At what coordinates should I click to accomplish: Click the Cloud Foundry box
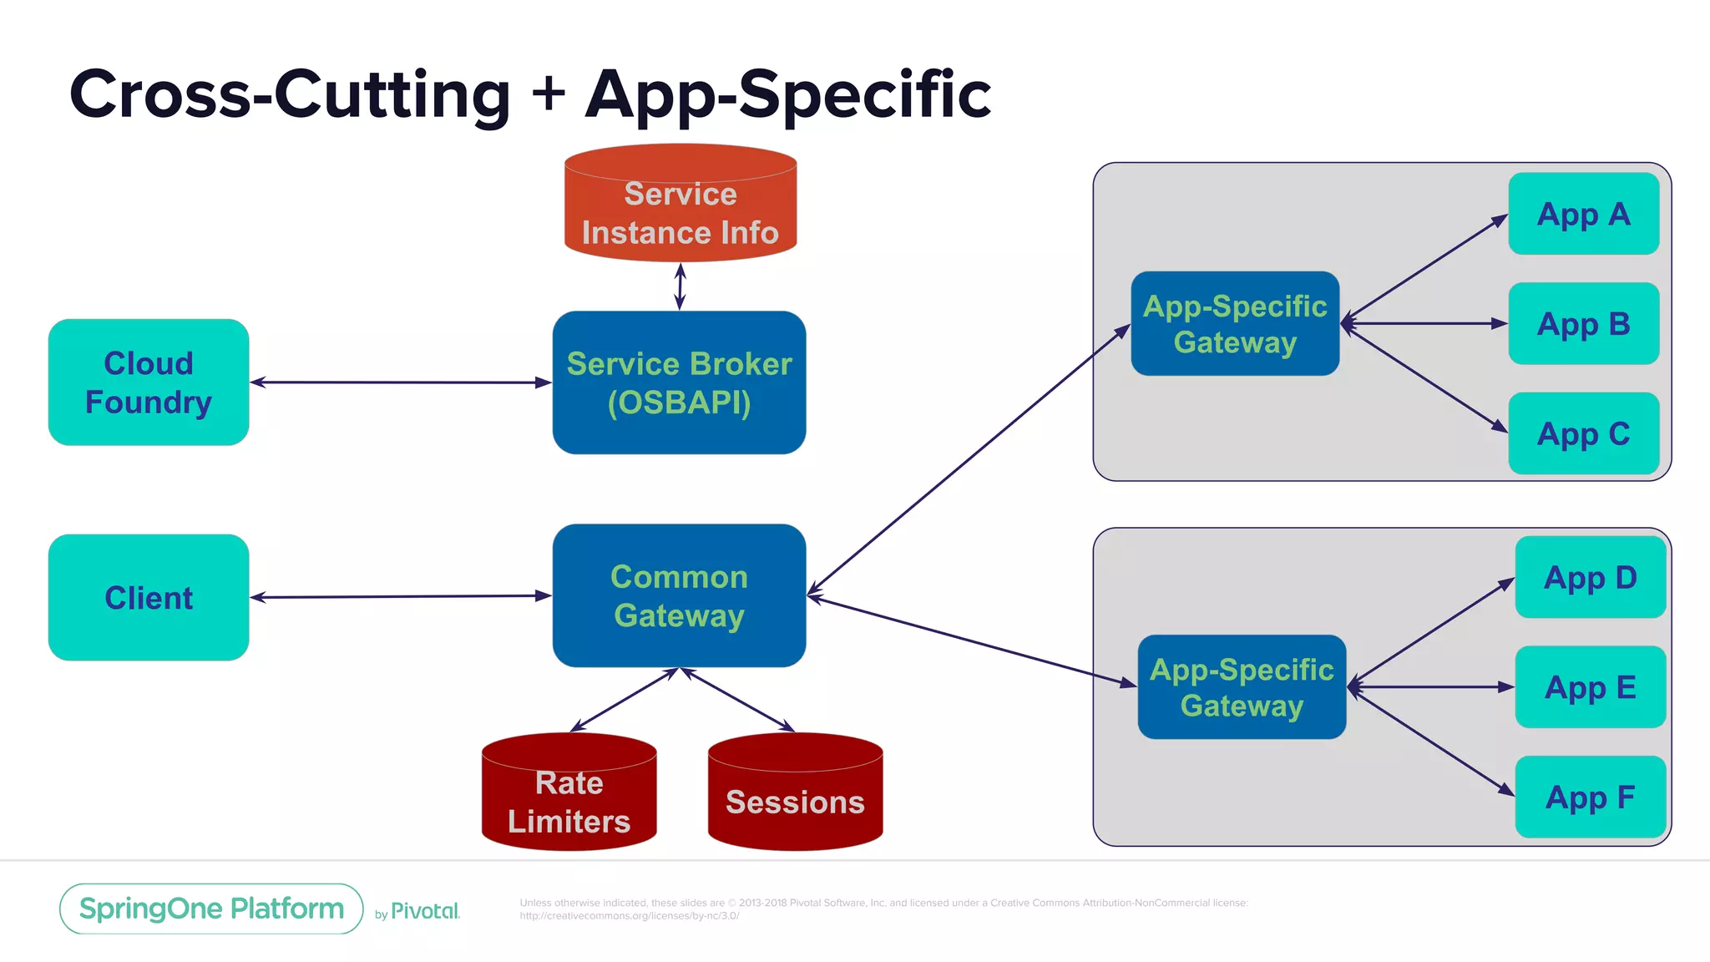[x=149, y=382]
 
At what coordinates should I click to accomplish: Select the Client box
[x=149, y=598]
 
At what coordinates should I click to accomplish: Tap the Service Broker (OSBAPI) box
[x=679, y=382]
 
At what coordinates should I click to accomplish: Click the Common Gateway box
[x=679, y=596]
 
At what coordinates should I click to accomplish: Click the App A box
[x=1583, y=214]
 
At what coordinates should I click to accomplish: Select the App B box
[x=1583, y=323]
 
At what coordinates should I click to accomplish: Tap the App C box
[x=1583, y=433]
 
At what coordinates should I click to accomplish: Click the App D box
[x=1590, y=577]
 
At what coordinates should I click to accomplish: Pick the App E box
[x=1590, y=687]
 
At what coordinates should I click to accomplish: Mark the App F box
[x=1590, y=797]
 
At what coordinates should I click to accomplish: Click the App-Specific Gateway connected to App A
[x=1235, y=323]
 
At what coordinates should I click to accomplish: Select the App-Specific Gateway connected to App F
[x=1242, y=687]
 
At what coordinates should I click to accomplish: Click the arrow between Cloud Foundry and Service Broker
[x=401, y=382]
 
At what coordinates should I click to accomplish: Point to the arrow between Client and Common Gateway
[x=401, y=597]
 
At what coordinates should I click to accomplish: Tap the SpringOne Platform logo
[x=211, y=909]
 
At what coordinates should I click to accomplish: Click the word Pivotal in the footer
[x=425, y=911]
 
